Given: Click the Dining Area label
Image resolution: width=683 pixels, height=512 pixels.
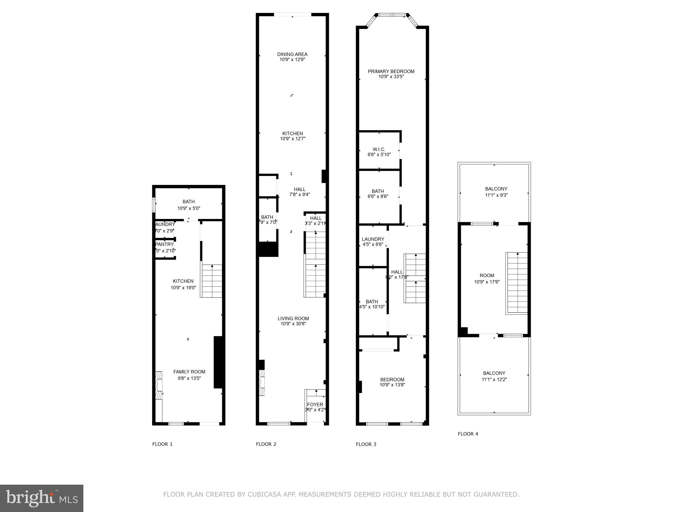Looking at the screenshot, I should (x=292, y=54).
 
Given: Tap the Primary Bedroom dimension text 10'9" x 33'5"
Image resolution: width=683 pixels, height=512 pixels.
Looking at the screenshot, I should (x=391, y=77).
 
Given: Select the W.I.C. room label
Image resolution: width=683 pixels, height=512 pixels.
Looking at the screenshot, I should (x=379, y=149).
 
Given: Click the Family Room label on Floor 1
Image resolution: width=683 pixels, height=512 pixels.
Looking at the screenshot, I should (x=189, y=372).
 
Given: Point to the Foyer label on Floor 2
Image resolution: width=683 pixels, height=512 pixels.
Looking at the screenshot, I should (x=315, y=405).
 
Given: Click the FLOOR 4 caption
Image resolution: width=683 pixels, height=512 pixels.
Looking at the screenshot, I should (x=468, y=434).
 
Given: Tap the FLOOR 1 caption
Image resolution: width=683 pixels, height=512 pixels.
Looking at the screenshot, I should (x=162, y=444).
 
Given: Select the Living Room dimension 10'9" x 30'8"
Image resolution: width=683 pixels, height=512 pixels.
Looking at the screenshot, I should (x=293, y=324).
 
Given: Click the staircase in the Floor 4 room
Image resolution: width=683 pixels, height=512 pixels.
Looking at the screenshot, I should (x=517, y=283).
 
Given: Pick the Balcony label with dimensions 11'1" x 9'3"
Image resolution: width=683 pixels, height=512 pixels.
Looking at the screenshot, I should (x=496, y=189).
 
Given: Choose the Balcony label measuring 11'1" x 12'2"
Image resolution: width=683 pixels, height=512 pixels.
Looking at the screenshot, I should (x=494, y=373).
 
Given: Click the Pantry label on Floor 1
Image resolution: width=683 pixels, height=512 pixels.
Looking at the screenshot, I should (x=165, y=244).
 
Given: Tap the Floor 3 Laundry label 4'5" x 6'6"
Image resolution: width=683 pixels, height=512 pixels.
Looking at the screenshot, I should (x=373, y=239).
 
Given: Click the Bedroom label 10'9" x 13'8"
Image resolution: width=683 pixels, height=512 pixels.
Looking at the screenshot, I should (x=392, y=379).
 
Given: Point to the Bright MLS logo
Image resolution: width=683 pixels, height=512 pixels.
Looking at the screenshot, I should (x=42, y=498).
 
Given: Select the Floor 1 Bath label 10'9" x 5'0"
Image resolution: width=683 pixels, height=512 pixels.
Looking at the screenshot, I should (x=188, y=202).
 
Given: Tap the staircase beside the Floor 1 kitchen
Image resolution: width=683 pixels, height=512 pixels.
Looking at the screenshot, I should (x=211, y=281).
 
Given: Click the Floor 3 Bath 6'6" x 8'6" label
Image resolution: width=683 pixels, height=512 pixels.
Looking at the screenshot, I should (x=378, y=191).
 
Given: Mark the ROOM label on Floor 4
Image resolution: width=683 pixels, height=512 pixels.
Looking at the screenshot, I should (x=487, y=275).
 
